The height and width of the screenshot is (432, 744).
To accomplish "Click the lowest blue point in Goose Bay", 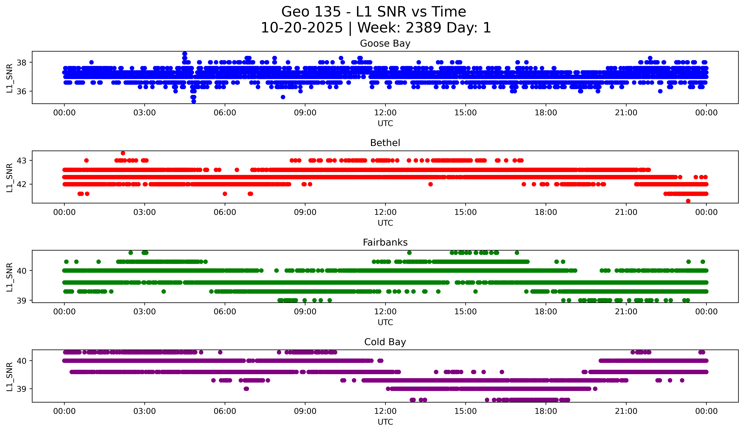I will [x=194, y=101].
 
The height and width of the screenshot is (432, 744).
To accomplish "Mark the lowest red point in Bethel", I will [x=688, y=201].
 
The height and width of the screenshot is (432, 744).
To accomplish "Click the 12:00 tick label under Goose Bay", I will [x=385, y=113].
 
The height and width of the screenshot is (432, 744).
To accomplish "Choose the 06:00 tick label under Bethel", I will [x=225, y=212].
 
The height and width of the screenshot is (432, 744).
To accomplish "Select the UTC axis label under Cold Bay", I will [x=385, y=422].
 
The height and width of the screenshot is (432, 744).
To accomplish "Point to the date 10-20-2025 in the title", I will [x=302, y=28].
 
